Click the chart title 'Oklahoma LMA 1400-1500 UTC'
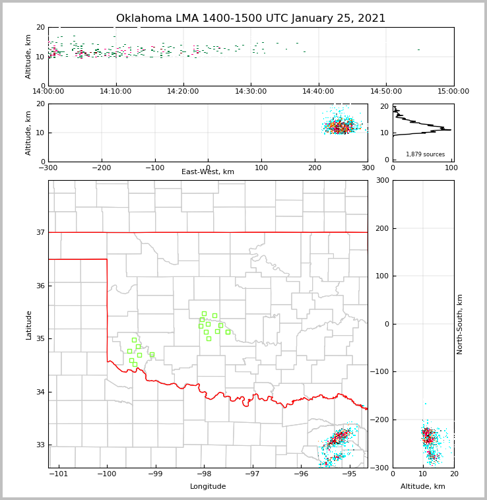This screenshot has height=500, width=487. click(x=251, y=18)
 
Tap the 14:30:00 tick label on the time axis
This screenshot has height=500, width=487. click(x=251, y=92)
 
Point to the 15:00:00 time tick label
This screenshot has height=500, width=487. click(x=453, y=92)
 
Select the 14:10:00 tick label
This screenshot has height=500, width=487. click(x=116, y=92)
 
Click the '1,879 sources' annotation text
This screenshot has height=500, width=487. click(x=425, y=154)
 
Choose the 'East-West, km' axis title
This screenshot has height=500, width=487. click(x=208, y=172)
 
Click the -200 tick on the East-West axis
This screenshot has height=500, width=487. click(x=101, y=168)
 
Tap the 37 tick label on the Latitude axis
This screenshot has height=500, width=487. click(x=40, y=232)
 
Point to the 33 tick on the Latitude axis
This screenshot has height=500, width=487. click(x=40, y=445)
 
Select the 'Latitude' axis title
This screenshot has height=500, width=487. click(x=29, y=325)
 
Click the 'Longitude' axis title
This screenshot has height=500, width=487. click(x=208, y=487)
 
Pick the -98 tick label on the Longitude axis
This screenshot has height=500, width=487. click(x=203, y=474)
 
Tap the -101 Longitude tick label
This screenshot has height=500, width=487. click(x=59, y=474)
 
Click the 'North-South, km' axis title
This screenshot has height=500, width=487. click(x=460, y=324)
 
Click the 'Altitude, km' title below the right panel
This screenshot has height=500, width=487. click(x=423, y=487)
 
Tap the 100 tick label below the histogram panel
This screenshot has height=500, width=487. click(x=451, y=168)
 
